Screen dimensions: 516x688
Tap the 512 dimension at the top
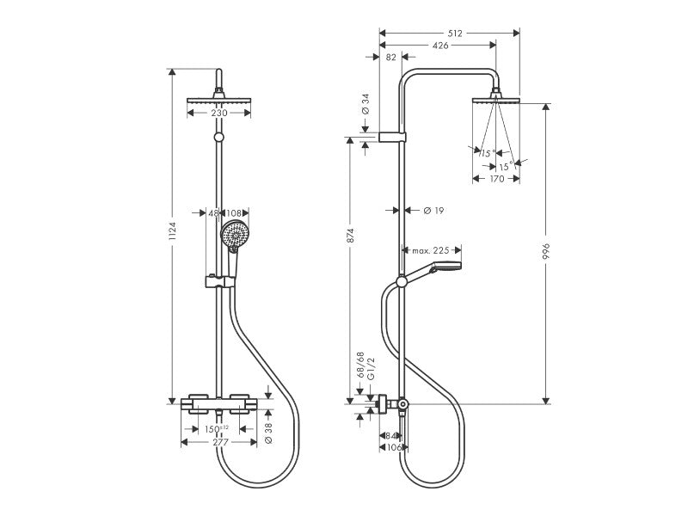[454, 34]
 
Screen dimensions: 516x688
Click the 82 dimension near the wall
[391, 57]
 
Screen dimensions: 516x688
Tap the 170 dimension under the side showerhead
[496, 180]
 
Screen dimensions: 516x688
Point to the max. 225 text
[430, 250]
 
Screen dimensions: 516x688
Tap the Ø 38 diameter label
[268, 429]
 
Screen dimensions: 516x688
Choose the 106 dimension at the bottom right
[393, 447]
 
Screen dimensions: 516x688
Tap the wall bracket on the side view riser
[391, 137]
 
